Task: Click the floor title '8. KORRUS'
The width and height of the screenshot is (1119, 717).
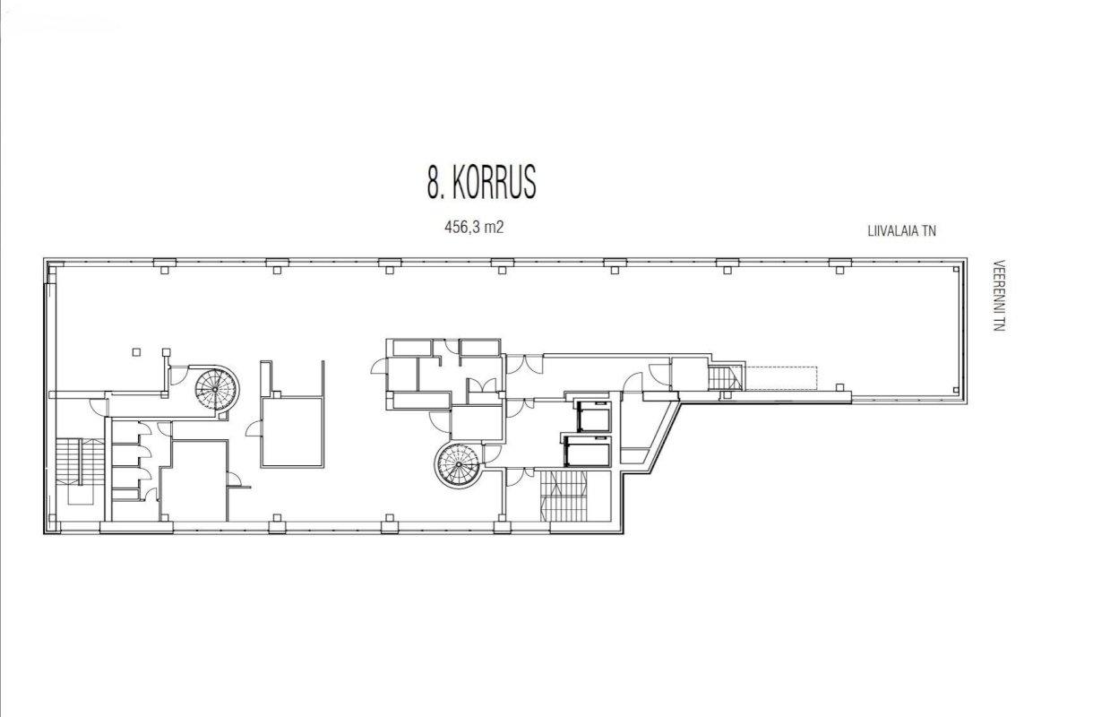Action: [x=482, y=182]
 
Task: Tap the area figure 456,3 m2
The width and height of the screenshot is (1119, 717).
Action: [x=474, y=228]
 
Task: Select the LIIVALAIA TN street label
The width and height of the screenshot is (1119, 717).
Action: [x=901, y=231]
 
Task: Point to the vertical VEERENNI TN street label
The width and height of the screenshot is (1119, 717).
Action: [x=999, y=295]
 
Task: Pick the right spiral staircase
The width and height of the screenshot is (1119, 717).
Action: [x=458, y=464]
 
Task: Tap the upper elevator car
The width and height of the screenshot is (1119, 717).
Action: [x=593, y=416]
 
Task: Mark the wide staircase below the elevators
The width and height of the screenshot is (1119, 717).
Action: [x=564, y=495]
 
